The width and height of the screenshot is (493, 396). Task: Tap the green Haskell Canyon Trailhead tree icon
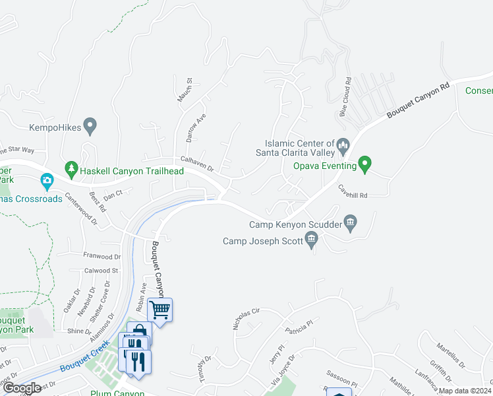(x=71, y=170)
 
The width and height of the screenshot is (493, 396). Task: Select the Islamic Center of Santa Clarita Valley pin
(x=343, y=144)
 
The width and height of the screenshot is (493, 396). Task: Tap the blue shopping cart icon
(x=159, y=309)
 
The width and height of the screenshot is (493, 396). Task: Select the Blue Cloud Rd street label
(x=345, y=98)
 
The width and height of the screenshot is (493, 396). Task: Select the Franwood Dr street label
(x=102, y=256)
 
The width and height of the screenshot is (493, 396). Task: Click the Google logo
(x=21, y=389)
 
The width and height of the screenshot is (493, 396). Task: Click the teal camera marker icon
(x=47, y=180)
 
